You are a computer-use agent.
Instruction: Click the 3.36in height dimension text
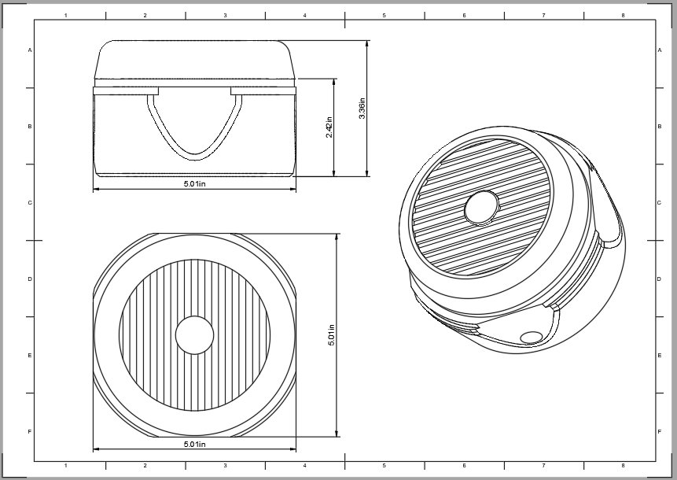click(362, 109)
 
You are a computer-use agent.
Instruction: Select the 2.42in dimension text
click(329, 127)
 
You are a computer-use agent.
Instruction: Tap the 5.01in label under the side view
click(194, 183)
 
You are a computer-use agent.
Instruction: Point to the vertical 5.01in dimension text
click(331, 335)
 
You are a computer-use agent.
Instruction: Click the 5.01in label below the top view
click(194, 445)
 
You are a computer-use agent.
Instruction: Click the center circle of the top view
click(194, 336)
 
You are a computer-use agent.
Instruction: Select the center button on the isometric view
click(481, 208)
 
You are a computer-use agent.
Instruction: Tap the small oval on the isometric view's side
click(532, 338)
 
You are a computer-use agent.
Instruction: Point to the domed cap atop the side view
click(195, 60)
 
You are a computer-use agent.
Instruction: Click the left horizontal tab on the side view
click(126, 91)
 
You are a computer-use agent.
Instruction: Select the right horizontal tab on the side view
click(263, 91)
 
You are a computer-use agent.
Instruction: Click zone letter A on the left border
click(30, 50)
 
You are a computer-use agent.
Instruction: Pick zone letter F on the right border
click(659, 432)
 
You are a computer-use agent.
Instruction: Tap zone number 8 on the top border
click(623, 15)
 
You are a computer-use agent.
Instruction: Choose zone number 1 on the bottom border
click(65, 466)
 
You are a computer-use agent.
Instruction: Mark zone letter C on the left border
click(30, 203)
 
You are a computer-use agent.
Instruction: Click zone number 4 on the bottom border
click(305, 466)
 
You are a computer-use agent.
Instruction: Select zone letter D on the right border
click(659, 279)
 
